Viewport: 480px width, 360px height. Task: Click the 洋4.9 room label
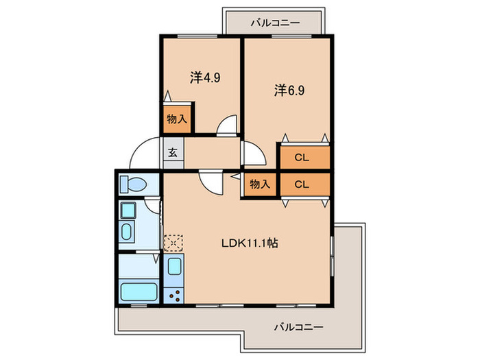pos(204,78)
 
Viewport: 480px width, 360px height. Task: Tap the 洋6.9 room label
pos(289,89)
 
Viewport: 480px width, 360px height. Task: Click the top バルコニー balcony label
pos(274,23)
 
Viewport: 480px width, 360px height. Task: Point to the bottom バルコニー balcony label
pos(300,326)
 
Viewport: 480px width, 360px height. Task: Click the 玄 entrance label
pos(173,153)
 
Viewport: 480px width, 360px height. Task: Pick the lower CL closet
pos(302,184)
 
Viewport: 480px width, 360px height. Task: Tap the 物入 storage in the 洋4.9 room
pos(177,119)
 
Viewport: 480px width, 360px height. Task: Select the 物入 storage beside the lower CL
pos(259,184)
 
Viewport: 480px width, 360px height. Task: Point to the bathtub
pos(139,290)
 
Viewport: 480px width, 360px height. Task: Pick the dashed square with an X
pos(173,242)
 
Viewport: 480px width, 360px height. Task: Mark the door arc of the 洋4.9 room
pos(226,127)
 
